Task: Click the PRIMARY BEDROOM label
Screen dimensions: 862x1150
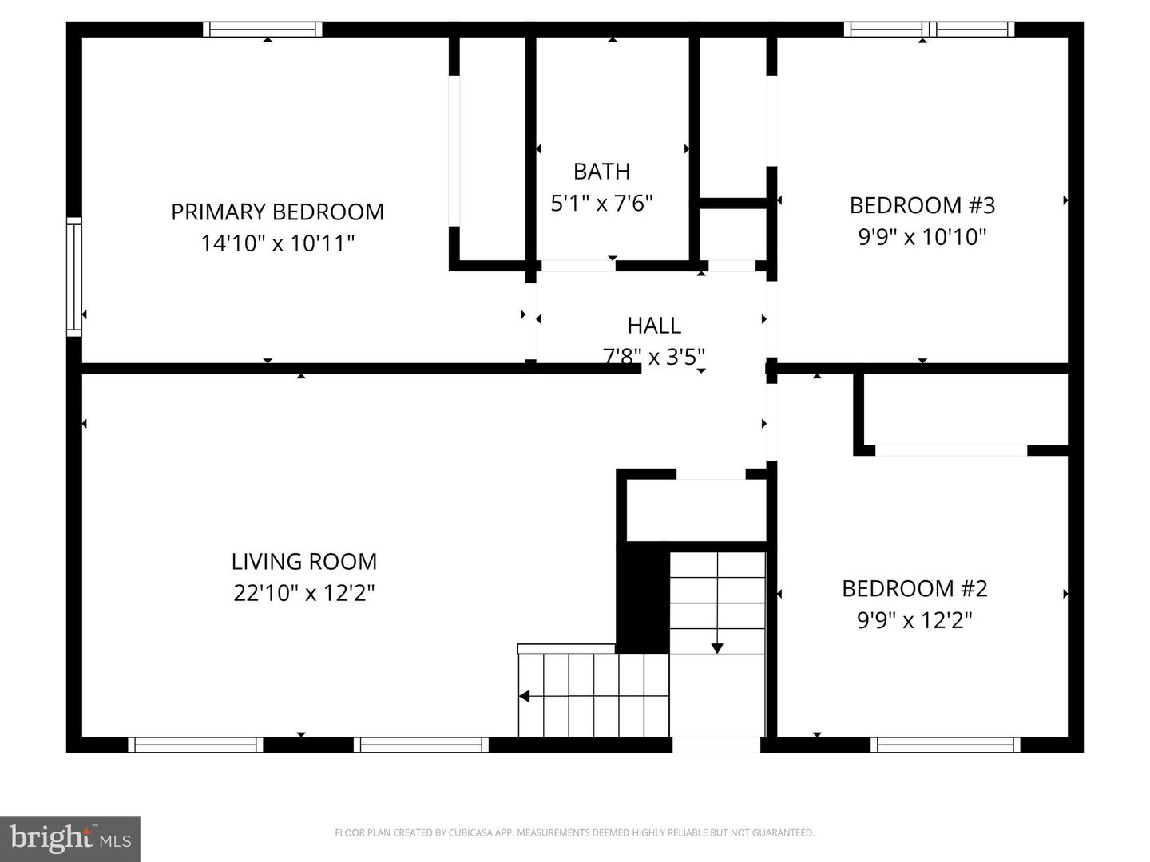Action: (277, 212)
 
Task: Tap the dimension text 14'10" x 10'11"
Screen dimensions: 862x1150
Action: (277, 243)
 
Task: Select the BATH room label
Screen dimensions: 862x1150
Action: (601, 171)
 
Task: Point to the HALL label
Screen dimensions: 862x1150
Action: (653, 325)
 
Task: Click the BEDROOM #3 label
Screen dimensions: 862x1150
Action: (922, 205)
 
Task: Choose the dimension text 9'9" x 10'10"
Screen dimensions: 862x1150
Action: (922, 236)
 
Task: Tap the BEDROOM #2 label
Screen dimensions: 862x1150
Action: (914, 588)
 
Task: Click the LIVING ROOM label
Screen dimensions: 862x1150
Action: (303, 561)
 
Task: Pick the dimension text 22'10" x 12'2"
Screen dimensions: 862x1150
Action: (303, 593)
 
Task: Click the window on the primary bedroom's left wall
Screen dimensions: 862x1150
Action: (73, 276)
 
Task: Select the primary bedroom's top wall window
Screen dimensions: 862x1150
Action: (262, 30)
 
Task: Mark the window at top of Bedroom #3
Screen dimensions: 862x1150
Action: (929, 30)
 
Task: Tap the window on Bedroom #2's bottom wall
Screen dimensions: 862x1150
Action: (945, 745)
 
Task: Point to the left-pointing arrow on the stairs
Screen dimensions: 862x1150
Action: (525, 696)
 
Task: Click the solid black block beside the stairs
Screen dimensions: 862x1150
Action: (643, 599)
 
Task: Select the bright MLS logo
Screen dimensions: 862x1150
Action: (70, 838)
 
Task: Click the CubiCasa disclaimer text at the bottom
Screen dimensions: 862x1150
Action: (574, 832)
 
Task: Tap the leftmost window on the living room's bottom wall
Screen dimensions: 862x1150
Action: (196, 745)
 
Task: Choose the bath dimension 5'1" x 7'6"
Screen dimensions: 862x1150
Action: (601, 203)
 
